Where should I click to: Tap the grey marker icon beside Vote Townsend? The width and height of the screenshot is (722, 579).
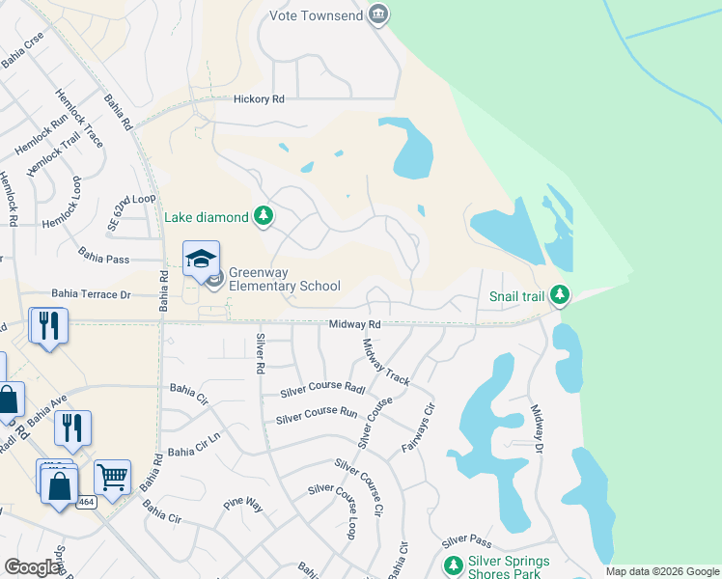(x=379, y=14)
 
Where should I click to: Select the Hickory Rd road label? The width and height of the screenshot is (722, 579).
(x=259, y=98)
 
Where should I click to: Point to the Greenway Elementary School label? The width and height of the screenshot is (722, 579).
(x=284, y=279)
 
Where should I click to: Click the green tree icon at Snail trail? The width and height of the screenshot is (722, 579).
(x=559, y=295)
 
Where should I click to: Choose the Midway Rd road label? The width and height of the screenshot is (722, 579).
(x=354, y=325)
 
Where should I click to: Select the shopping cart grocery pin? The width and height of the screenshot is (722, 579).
(x=112, y=477)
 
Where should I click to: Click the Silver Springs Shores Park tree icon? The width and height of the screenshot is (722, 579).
(x=452, y=565)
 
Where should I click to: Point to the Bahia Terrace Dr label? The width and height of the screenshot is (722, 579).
(x=91, y=293)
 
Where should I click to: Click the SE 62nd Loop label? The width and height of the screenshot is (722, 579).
(x=132, y=211)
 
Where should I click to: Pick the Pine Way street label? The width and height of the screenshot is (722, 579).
(x=243, y=504)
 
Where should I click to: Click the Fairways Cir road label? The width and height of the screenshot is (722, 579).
(x=417, y=429)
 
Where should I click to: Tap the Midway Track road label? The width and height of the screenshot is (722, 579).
(x=386, y=362)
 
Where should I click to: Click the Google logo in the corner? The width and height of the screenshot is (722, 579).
(x=33, y=567)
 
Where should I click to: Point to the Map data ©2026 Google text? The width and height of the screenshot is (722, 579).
(x=661, y=571)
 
